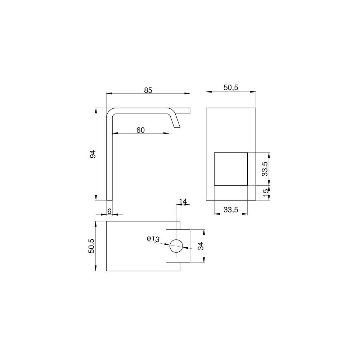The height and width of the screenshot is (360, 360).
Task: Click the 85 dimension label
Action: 148,90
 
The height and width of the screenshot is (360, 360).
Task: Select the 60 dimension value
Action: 140,130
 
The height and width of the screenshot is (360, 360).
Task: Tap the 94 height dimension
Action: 93,154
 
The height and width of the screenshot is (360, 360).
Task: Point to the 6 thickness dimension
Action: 109,211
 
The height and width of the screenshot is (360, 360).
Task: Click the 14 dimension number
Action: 183,201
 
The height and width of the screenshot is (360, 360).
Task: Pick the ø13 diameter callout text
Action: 153,239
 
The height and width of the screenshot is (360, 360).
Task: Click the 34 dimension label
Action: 201,246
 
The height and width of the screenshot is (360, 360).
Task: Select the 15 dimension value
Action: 266,193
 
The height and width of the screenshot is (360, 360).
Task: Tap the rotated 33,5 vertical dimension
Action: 265,169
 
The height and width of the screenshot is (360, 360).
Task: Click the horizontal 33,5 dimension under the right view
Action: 231,210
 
